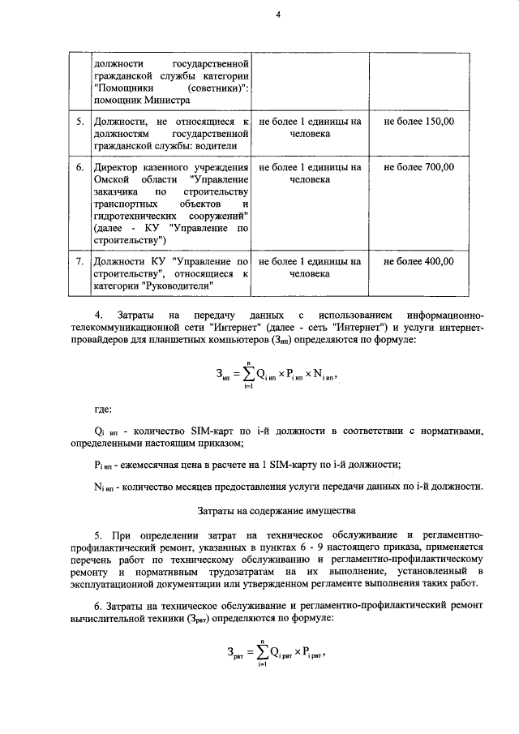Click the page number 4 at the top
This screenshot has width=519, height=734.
click(x=277, y=13)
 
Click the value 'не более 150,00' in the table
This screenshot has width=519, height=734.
click(x=418, y=121)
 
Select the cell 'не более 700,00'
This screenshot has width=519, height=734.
click(x=418, y=167)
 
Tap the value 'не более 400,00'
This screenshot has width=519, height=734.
click(x=418, y=262)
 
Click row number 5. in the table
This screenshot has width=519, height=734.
click(x=79, y=121)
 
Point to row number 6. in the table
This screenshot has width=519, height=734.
click(x=79, y=167)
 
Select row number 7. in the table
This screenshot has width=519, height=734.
click(x=79, y=262)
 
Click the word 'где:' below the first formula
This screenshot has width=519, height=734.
click(x=104, y=410)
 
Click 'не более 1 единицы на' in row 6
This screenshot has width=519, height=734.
click(x=309, y=167)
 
